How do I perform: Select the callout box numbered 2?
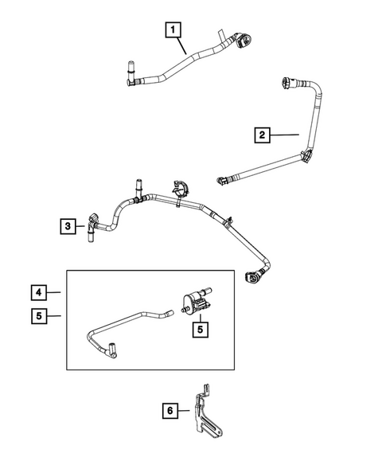coord(263,135)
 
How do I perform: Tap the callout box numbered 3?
coord(69,227)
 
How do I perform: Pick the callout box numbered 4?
coord(40,291)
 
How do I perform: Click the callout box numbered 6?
coord(169,411)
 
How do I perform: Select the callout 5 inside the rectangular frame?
coord(193,326)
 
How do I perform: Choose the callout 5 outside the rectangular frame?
coord(40,315)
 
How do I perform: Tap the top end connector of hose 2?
coord(287,81)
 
